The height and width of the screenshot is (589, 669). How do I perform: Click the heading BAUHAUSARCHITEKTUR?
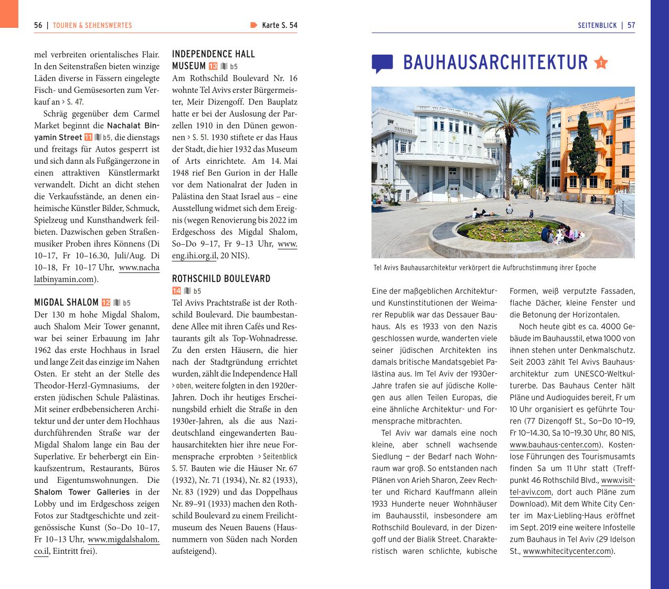click(x=495, y=62)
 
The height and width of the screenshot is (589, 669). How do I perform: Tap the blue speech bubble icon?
click(x=382, y=64)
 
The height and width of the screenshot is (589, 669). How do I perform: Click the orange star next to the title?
click(x=601, y=63)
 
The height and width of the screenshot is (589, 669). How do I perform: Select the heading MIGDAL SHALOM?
click(x=66, y=302)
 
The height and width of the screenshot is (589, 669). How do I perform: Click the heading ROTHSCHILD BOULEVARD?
click(x=221, y=279)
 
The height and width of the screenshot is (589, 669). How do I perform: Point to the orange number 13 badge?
click(x=213, y=67)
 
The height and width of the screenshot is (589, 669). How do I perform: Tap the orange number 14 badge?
click(x=176, y=291)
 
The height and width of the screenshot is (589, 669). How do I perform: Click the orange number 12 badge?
click(x=105, y=303)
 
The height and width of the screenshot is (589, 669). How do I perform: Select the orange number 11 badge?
click(x=88, y=138)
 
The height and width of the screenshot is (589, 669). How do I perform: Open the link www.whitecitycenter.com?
click(x=567, y=551)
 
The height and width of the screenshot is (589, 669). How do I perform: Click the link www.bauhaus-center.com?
click(x=554, y=445)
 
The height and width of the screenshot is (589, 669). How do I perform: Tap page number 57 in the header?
click(x=631, y=25)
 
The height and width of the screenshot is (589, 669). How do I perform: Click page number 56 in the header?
click(x=38, y=25)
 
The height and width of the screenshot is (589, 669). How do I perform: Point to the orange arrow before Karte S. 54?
click(x=254, y=25)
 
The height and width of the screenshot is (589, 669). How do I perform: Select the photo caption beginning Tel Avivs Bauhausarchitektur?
click(x=485, y=268)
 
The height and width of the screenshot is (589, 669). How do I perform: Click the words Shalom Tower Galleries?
click(x=82, y=492)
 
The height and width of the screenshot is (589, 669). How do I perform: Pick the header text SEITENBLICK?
click(x=597, y=25)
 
